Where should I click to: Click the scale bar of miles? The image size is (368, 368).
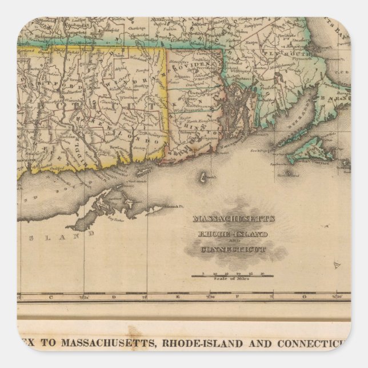point(232,275)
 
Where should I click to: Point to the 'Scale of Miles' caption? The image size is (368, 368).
point(232,281)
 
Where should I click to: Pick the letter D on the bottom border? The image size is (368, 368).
point(114,297)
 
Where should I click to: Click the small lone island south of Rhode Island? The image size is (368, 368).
point(203,179)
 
